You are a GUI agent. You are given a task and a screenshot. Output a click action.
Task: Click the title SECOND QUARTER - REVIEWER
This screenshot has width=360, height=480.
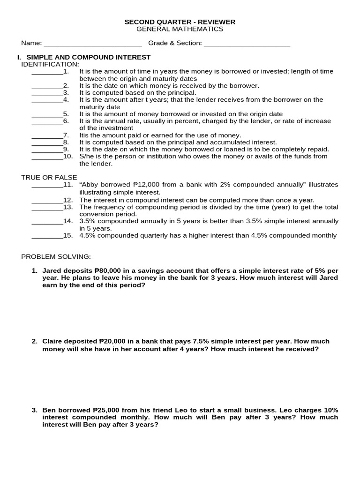(180, 22)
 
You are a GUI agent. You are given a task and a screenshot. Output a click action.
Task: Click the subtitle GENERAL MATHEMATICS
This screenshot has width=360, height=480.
(180, 29)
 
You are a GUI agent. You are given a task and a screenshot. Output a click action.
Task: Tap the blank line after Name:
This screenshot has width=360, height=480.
(92, 44)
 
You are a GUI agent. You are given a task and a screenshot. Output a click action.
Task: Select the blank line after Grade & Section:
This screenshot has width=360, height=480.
(247, 44)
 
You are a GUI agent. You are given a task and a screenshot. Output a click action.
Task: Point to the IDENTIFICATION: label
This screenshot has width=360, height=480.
(50, 64)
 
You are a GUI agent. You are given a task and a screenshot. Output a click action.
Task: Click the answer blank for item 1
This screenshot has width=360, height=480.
(47, 72)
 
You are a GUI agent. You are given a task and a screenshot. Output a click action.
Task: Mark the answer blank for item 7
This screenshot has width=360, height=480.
(47, 135)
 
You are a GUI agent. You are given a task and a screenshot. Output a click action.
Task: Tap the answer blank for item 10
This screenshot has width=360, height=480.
(47, 157)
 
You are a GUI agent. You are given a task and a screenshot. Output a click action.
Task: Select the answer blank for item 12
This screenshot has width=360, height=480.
(47, 200)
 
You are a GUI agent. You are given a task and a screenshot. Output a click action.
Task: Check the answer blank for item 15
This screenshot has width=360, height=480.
(47, 236)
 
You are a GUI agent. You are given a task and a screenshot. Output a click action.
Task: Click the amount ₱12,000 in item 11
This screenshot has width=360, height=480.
(152, 185)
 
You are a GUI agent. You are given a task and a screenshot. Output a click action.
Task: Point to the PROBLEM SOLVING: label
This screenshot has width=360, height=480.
(56, 257)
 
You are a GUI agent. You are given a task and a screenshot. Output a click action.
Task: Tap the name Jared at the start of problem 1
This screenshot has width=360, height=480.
(52, 271)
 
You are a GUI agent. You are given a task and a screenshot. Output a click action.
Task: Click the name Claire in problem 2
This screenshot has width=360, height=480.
(52, 341)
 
